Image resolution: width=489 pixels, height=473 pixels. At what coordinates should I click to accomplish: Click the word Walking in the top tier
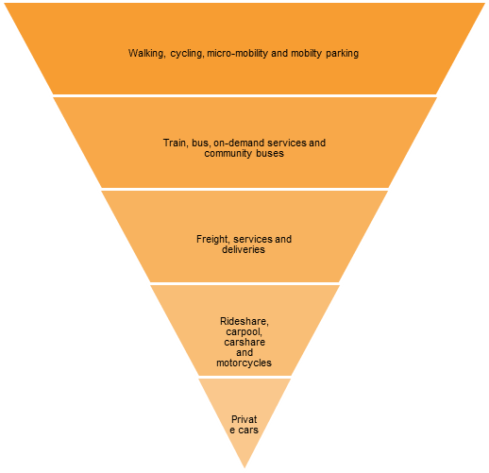(146, 53)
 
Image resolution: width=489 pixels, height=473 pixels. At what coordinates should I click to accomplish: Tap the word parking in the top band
(342, 54)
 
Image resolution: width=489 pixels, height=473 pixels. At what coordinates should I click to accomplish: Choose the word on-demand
(239, 143)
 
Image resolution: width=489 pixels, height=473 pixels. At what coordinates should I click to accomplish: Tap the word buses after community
(270, 153)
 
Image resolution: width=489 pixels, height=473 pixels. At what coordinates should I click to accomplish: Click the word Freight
(213, 239)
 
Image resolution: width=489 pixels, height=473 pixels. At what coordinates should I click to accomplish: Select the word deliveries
(244, 249)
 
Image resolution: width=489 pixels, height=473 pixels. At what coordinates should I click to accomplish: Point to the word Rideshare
(244, 321)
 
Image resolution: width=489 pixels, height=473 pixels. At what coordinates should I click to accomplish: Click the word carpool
(244, 332)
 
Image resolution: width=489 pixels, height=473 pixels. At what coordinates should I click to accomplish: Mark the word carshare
(244, 342)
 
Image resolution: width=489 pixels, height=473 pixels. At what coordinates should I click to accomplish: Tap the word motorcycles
(244, 363)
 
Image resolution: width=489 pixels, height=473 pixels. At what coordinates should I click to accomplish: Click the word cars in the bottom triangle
(248, 430)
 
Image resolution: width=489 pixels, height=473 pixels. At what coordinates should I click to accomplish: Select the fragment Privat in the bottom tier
(244, 419)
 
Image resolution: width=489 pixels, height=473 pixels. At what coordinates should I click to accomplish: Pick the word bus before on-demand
(201, 143)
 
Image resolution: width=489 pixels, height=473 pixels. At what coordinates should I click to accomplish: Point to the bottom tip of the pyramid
(244, 468)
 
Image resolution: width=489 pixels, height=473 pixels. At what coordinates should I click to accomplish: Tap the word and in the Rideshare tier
(244, 352)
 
